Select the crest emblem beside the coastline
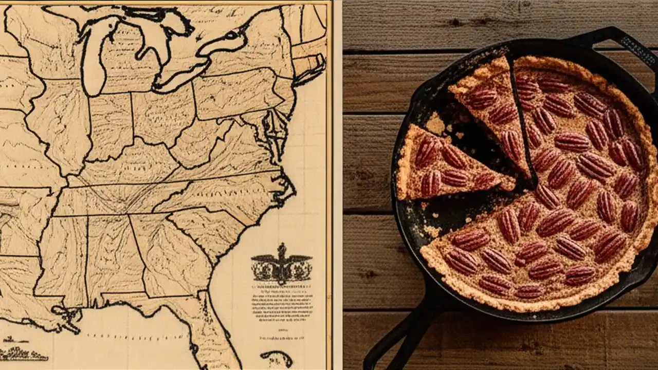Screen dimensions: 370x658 pyautogui.click(x=281, y=265)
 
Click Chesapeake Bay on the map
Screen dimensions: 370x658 pyautogui.click(x=270, y=128)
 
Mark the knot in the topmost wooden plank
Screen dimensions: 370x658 pyautogui.click(x=455, y=23)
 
